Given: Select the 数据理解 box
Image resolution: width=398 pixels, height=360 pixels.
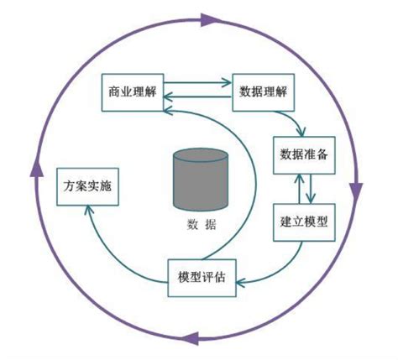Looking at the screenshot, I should coord(264,89).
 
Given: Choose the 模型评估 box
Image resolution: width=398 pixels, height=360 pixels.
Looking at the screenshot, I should coord(202,277).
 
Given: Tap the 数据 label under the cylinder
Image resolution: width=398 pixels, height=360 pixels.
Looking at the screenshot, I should coord(200,224).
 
